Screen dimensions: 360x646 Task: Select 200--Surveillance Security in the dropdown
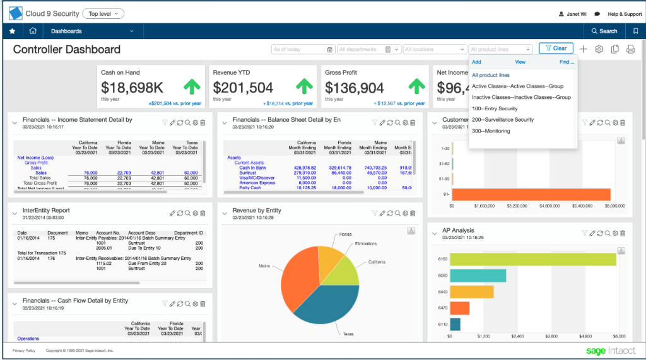click(x=503, y=120)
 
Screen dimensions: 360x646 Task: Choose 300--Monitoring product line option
click(x=491, y=131)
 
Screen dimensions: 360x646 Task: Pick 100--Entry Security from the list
click(x=495, y=108)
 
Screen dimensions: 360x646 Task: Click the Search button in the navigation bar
click(x=604, y=31)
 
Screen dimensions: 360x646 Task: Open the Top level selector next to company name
click(x=103, y=13)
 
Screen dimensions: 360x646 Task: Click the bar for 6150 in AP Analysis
click(x=534, y=259)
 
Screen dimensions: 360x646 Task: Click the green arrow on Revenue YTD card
click(x=305, y=86)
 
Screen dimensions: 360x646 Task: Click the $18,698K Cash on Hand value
click(x=132, y=88)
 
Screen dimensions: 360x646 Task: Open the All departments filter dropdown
click(x=369, y=49)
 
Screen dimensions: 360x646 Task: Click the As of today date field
click(x=303, y=49)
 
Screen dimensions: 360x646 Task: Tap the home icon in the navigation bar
click(x=33, y=31)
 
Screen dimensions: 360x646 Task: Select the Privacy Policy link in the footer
click(x=24, y=351)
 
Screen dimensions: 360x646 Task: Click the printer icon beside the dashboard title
click(x=630, y=49)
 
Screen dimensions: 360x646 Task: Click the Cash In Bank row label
click(x=252, y=167)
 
